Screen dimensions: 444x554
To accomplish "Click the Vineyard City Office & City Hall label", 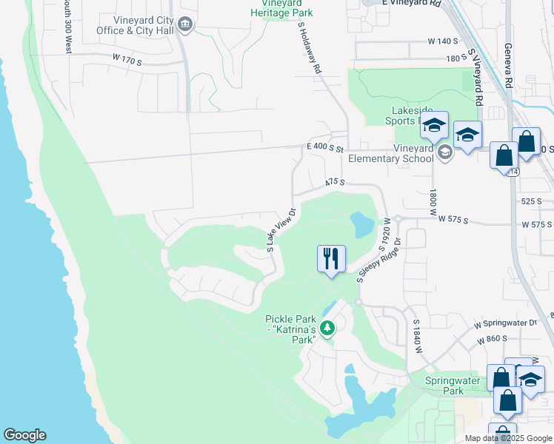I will [133, 26].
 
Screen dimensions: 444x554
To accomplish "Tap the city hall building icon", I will [186, 26].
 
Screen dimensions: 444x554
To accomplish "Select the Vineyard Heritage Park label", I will [281, 9].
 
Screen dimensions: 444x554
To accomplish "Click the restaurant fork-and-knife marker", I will [331, 259].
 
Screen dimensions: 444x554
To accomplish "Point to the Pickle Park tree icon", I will [326, 328].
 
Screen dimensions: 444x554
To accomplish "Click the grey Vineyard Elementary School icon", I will [444, 153].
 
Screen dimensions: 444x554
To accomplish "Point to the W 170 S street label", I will [127, 58].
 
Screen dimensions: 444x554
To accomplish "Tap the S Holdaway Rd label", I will [310, 47].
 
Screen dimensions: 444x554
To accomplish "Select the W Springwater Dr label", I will [506, 323].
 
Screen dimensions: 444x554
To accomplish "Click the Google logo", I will [24, 435].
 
